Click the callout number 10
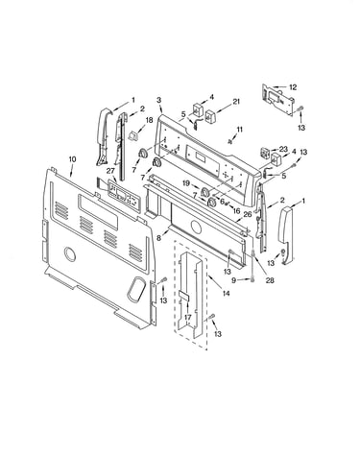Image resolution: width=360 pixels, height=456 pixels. [x=72, y=159]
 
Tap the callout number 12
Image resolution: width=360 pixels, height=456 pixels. [x=293, y=86]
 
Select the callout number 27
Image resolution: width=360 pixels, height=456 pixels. [x=110, y=171]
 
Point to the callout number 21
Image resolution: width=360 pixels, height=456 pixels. [x=236, y=102]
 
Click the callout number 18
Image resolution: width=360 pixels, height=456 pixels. [x=150, y=120]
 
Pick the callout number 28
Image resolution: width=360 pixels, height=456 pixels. [x=270, y=280]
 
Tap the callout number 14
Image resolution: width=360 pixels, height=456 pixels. [x=227, y=293]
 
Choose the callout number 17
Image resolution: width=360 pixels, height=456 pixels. [x=188, y=318]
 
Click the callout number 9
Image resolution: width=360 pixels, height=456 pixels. [x=234, y=280]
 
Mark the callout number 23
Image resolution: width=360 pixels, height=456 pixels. [x=283, y=149]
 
